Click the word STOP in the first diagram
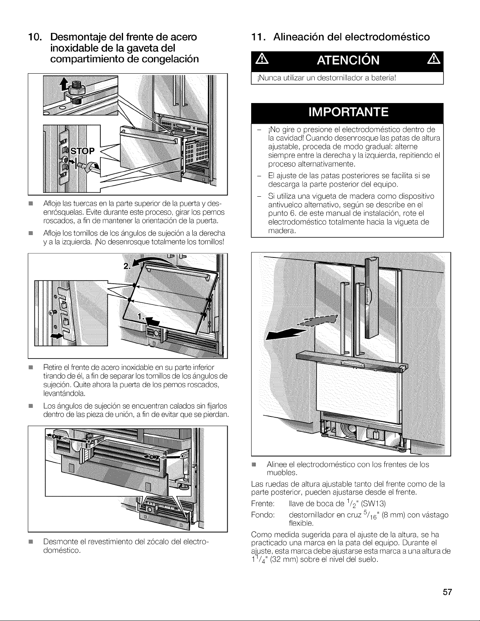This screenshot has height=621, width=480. point(83,151)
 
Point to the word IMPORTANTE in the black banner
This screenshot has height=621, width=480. point(348,112)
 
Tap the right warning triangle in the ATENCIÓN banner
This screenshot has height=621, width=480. point(434,60)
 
